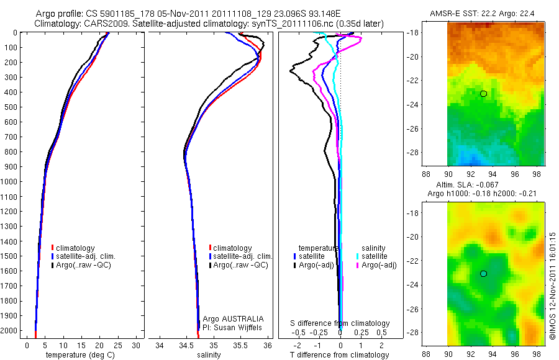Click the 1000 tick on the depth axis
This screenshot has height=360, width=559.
(11, 182)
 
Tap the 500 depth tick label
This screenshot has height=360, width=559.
(12, 107)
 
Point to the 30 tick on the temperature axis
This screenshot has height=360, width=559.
(137, 344)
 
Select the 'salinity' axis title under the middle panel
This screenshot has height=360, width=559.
(209, 355)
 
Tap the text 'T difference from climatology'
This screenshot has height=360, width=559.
(339, 355)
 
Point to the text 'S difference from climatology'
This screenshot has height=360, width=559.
(340, 323)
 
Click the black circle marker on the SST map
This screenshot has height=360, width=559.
(483, 93)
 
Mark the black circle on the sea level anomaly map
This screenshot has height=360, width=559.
(483, 273)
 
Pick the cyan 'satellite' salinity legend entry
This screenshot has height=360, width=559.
(375, 256)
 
